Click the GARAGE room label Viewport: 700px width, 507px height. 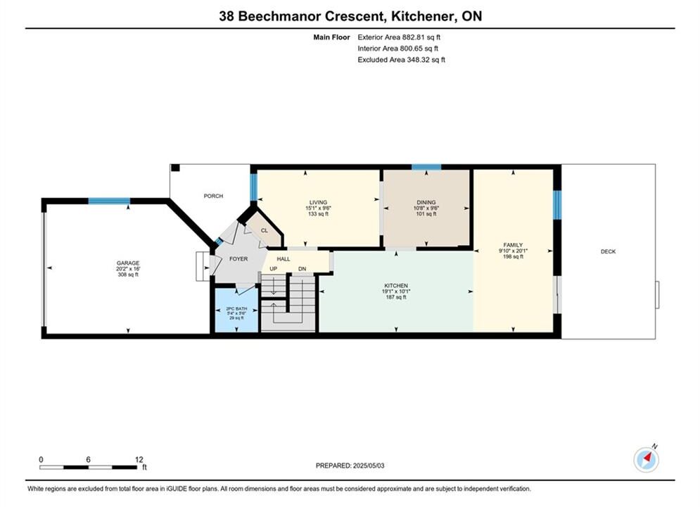pyautogui.click(x=128, y=263)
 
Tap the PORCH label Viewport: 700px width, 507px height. pyautogui.click(x=213, y=196)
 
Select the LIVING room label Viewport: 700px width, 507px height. pyautogui.click(x=318, y=202)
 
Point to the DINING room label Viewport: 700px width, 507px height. pyautogui.click(x=426, y=202)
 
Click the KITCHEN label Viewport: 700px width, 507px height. pyautogui.click(x=396, y=285)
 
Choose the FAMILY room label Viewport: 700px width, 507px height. pyautogui.click(x=513, y=245)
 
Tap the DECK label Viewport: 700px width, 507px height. pyautogui.click(x=608, y=251)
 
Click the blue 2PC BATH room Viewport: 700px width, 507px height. pyautogui.click(x=236, y=311)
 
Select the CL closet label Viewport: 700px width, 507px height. pyautogui.click(x=265, y=230)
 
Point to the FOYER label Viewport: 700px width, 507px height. pyautogui.click(x=238, y=258)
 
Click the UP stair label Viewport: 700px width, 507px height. pyautogui.click(x=273, y=268)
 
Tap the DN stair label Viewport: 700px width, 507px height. pyautogui.click(x=303, y=268)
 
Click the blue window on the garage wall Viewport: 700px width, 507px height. pyautogui.click(x=109, y=201)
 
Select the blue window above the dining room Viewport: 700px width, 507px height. pyautogui.click(x=426, y=168)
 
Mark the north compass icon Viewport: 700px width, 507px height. pyautogui.click(x=646, y=459)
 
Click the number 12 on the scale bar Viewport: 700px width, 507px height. pyautogui.click(x=139, y=459)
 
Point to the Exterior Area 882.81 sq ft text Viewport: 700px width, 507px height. pyautogui.click(x=399, y=37)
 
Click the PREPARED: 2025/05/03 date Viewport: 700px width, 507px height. pyautogui.click(x=350, y=465)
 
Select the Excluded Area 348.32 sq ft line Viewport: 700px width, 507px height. pyautogui.click(x=401, y=59)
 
